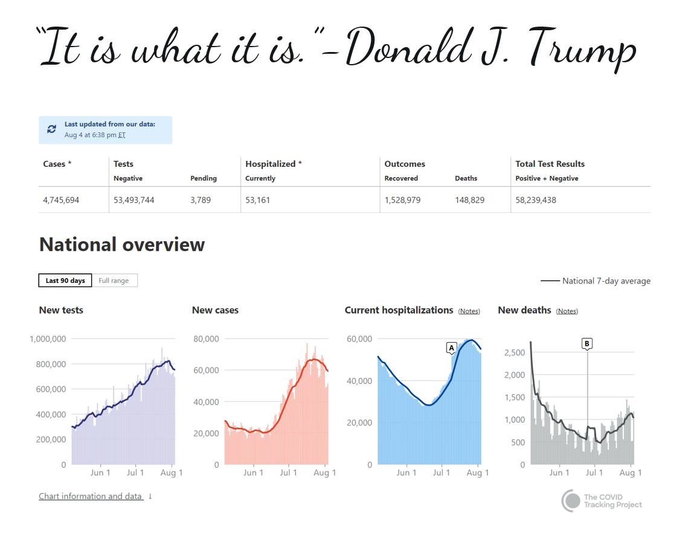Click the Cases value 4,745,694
coord(61,200)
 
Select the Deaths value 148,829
coord(469,200)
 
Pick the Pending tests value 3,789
coord(201,200)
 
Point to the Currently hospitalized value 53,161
coord(258,200)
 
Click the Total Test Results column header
coord(550,164)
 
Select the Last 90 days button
coord(65,280)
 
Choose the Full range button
coord(114,280)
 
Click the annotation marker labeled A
coord(451,348)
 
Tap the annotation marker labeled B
coord(587,343)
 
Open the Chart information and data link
coord(91,496)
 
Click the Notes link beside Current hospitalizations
coord(469,311)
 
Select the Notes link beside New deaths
coord(567,311)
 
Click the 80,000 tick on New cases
coord(206,339)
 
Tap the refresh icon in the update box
coord(52,129)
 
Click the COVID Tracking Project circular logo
coord(571,501)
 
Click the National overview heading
coord(122,244)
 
